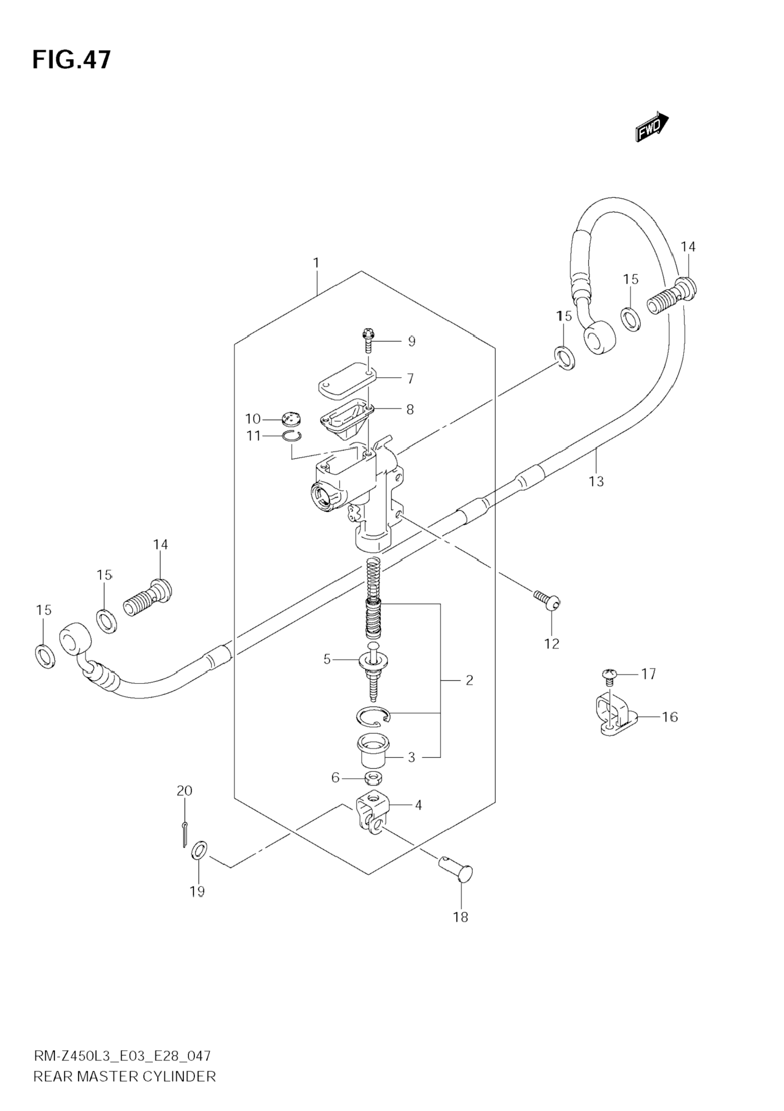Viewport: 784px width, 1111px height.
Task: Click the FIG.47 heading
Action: pyautogui.click(x=72, y=60)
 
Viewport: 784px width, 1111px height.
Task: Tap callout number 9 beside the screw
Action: pyautogui.click(x=412, y=342)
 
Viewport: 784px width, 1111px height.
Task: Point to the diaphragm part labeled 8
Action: pyautogui.click(x=346, y=418)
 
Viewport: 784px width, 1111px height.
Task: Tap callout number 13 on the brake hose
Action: pyautogui.click(x=596, y=481)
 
